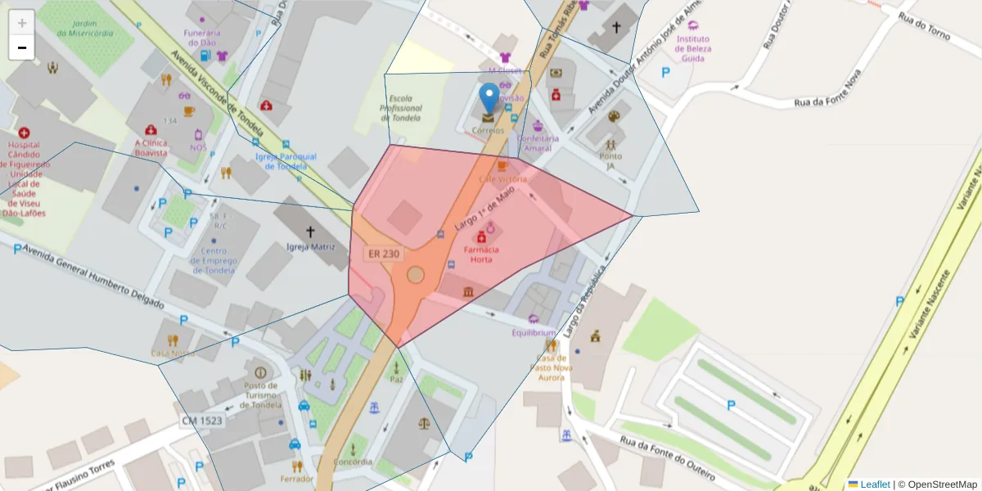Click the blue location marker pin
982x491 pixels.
(x=489, y=97)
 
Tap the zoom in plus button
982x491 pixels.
(x=22, y=23)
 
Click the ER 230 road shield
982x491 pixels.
(x=384, y=254)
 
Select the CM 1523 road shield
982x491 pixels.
(x=202, y=421)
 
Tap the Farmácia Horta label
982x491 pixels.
(x=480, y=254)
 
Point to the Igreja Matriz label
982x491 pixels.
(x=310, y=246)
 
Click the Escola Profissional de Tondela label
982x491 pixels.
(x=402, y=108)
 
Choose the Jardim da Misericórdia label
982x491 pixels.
(x=85, y=29)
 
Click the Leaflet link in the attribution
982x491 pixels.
(x=875, y=484)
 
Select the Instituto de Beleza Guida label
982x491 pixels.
(x=693, y=48)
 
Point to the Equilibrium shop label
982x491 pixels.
(x=534, y=333)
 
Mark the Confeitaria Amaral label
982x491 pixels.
(x=538, y=143)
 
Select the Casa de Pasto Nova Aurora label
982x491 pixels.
(x=551, y=367)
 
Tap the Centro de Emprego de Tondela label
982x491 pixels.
(x=213, y=260)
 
